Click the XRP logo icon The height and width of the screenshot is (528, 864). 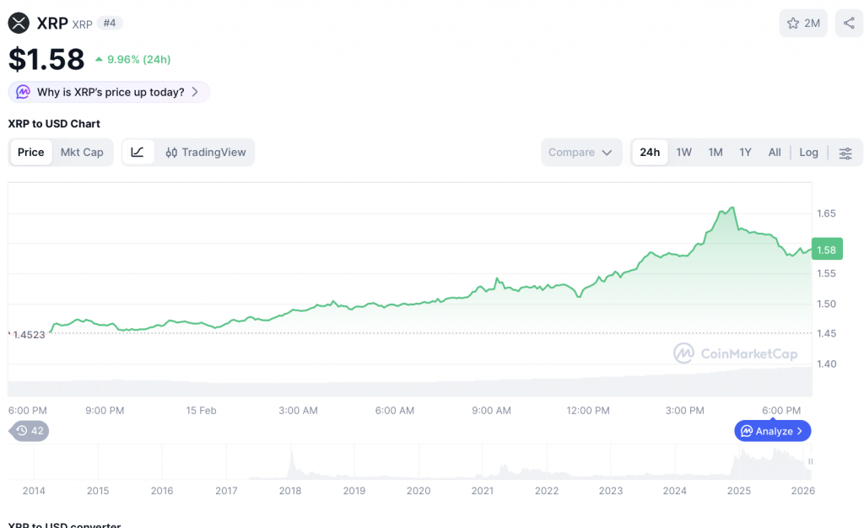click(19, 24)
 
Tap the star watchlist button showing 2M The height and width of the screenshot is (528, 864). click(803, 24)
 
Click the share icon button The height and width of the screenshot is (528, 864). click(849, 24)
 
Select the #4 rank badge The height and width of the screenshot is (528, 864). click(110, 23)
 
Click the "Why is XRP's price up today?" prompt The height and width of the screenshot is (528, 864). click(109, 92)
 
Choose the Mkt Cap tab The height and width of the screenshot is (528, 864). click(82, 153)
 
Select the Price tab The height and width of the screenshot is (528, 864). click(31, 153)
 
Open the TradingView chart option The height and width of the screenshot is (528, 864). click(206, 153)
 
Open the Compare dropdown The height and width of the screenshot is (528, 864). click(581, 153)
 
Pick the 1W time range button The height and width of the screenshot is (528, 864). click(683, 153)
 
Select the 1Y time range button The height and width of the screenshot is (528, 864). click(745, 153)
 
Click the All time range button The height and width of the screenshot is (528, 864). click(775, 153)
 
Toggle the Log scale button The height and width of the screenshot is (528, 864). click(808, 153)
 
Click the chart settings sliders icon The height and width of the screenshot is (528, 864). click(845, 153)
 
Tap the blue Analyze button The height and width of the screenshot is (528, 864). click(773, 431)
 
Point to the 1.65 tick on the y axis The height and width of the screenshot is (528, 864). click(825, 213)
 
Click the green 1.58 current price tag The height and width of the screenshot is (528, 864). click(826, 250)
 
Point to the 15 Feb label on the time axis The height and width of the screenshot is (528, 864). click(201, 411)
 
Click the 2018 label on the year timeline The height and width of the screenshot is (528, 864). click(290, 491)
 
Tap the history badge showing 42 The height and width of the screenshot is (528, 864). click(30, 431)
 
